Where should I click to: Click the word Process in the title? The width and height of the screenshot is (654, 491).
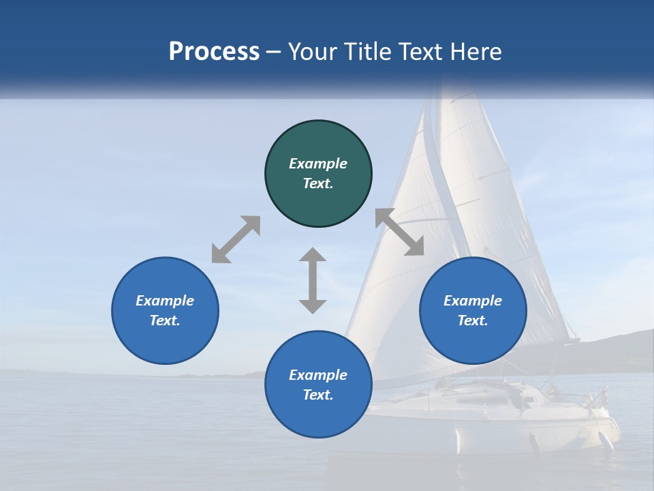pyautogui.click(x=214, y=52)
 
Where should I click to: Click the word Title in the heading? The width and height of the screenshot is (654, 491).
pyautogui.click(x=367, y=52)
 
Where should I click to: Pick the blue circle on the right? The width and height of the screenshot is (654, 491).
pyautogui.click(x=473, y=341)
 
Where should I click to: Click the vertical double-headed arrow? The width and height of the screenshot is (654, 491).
pyautogui.click(x=313, y=280)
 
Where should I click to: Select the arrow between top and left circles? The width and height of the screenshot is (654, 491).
pyautogui.click(x=236, y=239)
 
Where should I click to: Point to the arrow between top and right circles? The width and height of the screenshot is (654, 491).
pyautogui.click(x=399, y=232)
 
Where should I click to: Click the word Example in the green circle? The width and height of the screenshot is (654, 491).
pyautogui.click(x=318, y=164)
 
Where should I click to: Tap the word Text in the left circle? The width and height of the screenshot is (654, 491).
pyautogui.click(x=164, y=321)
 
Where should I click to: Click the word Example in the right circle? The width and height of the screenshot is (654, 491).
pyautogui.click(x=473, y=301)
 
